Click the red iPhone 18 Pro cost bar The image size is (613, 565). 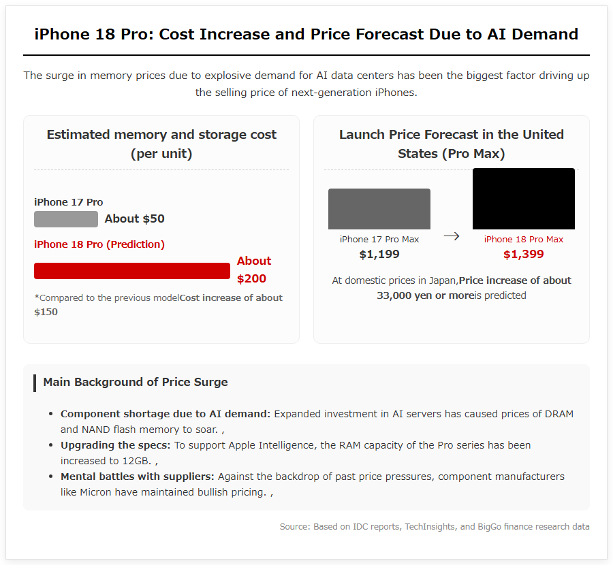(132, 271)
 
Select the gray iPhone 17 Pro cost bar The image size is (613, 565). (66, 219)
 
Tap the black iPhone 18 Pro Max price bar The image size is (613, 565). (524, 199)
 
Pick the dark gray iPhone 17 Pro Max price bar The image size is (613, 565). (379, 209)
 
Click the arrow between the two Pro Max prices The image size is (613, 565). (452, 236)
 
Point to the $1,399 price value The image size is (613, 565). (524, 255)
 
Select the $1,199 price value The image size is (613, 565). (379, 255)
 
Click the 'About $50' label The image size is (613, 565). (134, 219)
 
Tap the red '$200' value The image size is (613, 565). (251, 278)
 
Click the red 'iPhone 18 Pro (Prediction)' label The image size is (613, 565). (99, 244)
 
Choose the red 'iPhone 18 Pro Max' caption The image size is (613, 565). (524, 239)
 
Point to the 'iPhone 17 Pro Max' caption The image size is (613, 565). (379, 239)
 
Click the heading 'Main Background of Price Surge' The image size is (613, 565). (136, 382)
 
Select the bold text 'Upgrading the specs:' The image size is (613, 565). (115, 445)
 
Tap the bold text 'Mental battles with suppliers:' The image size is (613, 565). (137, 477)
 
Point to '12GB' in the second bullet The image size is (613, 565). (136, 461)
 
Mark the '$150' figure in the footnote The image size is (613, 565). (46, 312)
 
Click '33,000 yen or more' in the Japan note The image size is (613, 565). (425, 295)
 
